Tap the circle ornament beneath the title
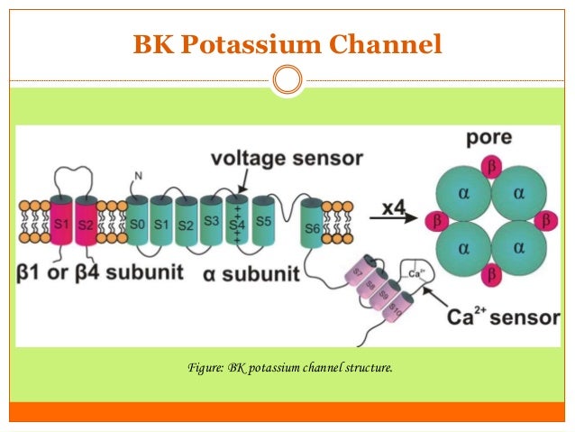[287, 80]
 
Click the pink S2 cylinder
[85, 221]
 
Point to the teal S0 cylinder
[137, 222]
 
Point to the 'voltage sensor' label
[286, 159]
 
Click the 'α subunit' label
[245, 271]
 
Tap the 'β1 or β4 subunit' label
[101, 271]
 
